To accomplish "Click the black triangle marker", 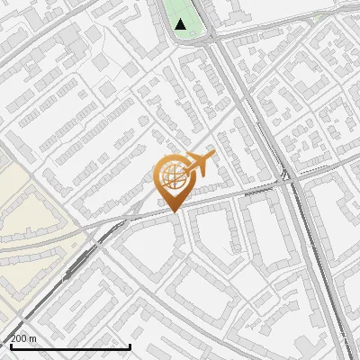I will click(182, 24).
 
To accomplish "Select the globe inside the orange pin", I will click(174, 175).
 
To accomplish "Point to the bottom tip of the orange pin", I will click(174, 211).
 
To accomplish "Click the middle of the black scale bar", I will click(70, 346).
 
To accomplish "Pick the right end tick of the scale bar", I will click(131, 345).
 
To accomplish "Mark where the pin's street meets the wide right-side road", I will click(286, 183).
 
